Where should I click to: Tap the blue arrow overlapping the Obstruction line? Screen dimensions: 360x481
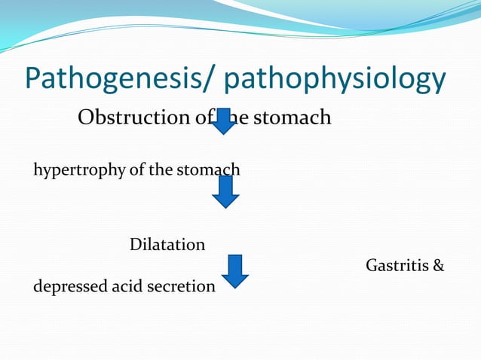click(x=223, y=121)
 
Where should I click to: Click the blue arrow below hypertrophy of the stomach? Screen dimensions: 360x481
click(x=225, y=193)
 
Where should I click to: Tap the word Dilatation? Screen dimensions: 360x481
click(x=167, y=245)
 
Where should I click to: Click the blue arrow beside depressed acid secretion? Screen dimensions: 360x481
click(x=234, y=271)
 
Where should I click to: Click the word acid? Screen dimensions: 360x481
click(x=124, y=286)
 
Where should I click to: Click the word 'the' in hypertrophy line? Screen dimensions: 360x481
click(x=160, y=169)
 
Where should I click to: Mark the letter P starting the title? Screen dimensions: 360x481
click(x=35, y=80)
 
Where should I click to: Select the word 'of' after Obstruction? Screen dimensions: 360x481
click(x=204, y=118)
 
